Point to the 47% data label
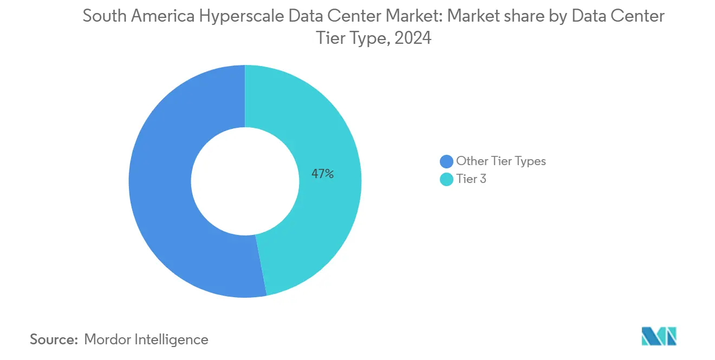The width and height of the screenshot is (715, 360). pyautogui.click(x=322, y=174)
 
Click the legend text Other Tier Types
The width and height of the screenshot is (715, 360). pyautogui.click(x=500, y=161)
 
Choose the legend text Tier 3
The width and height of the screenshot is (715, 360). pyautogui.click(x=471, y=179)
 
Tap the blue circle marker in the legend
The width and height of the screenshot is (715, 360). pyautogui.click(x=446, y=161)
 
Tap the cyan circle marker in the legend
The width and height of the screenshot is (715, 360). pyautogui.click(x=446, y=180)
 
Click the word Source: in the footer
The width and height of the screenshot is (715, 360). pyautogui.click(x=54, y=339)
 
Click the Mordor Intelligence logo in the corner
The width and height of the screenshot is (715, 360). pyautogui.click(x=659, y=337)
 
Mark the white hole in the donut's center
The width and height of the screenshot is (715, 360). pyautogui.click(x=245, y=181)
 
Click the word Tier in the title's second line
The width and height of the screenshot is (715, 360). pyautogui.click(x=330, y=38)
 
